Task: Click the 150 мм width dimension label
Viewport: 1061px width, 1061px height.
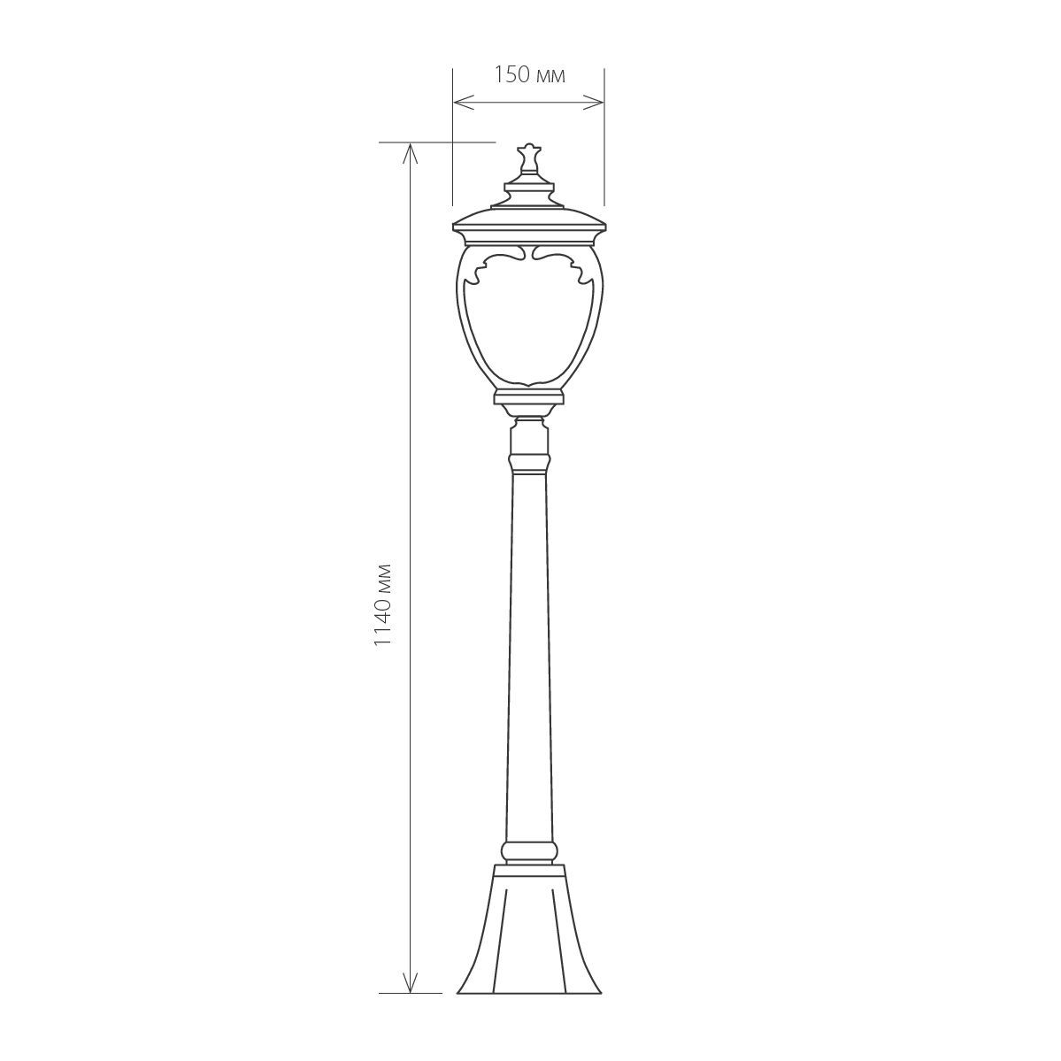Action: click(x=529, y=74)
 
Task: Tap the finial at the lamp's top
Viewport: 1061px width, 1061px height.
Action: click(x=528, y=160)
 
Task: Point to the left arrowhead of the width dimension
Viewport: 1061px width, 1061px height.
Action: click(x=462, y=103)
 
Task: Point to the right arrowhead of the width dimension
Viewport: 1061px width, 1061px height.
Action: click(x=594, y=103)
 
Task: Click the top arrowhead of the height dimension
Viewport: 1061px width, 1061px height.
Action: click(x=410, y=154)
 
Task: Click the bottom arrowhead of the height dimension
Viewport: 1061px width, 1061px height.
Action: click(x=410, y=982)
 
